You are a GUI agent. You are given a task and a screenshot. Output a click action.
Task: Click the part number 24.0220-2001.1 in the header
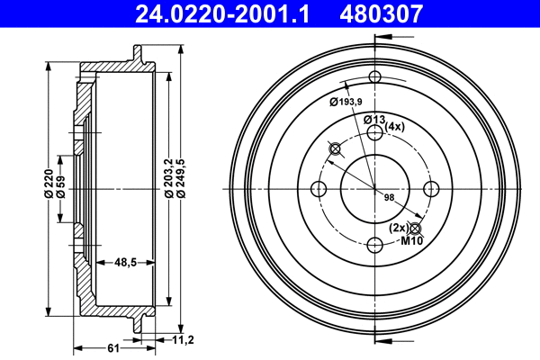pos(227,13)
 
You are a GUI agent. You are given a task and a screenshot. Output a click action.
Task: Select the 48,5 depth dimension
pos(127,262)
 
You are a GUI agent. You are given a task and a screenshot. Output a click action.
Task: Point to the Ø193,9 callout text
pos(349,101)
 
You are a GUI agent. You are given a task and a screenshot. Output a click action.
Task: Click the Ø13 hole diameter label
pos(374,120)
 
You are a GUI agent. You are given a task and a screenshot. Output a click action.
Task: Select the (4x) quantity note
pos(396,127)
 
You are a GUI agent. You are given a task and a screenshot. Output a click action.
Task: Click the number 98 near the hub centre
pos(390,197)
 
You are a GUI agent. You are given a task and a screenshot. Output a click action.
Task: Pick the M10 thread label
pos(411,240)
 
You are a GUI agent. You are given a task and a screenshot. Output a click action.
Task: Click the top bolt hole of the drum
pos(374,78)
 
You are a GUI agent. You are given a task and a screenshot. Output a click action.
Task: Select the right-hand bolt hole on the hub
pos(431,188)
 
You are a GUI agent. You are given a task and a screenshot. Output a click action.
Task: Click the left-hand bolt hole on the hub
pos(318,188)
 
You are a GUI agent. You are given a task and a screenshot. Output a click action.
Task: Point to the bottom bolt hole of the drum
pos(374,245)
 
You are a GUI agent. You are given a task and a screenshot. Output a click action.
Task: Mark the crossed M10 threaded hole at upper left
pos(335,148)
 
